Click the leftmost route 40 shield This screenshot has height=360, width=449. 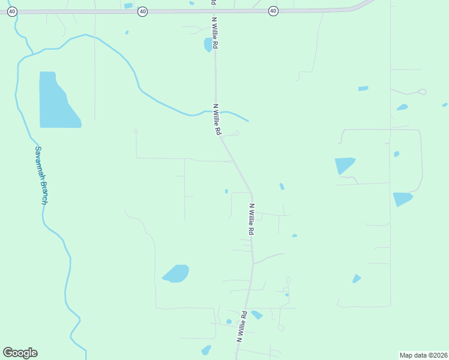pos(13,11)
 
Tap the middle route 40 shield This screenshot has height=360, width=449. pos(142,11)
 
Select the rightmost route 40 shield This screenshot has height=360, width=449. pos(273,11)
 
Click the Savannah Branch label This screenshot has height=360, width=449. pos(41,175)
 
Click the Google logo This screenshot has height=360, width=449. pos(20,353)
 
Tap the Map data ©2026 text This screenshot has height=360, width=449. pos(423,355)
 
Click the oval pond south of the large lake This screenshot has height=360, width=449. pos(176,274)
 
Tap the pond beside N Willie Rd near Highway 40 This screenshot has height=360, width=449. pos(208,44)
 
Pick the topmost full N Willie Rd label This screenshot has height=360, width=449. pos(214,32)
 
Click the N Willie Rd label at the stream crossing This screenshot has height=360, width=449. pos(217,119)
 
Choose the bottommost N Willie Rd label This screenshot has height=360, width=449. pos(242,326)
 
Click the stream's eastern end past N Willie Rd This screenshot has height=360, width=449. pos(247,121)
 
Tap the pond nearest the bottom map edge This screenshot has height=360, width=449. pos(206,350)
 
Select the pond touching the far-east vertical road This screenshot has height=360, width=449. pos(402,199)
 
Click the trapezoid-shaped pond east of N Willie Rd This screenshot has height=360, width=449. pos(344,165)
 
